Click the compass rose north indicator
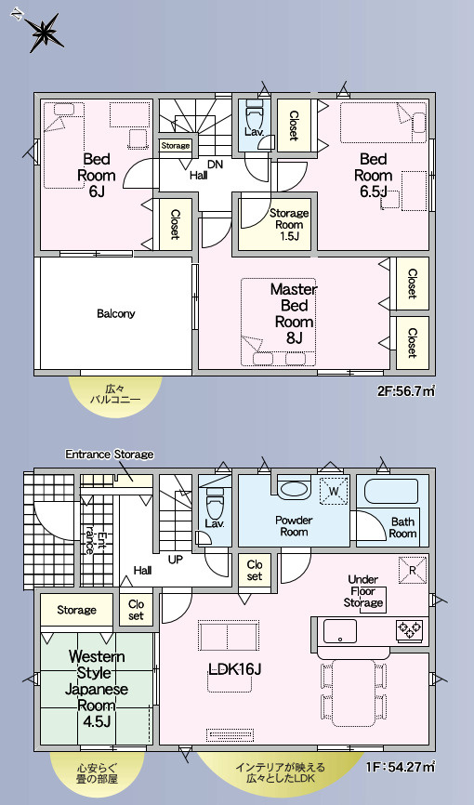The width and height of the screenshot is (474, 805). (x=42, y=31)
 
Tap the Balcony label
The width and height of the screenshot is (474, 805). (x=115, y=313)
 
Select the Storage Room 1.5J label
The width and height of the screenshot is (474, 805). (x=289, y=224)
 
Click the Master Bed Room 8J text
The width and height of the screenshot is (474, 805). (x=294, y=313)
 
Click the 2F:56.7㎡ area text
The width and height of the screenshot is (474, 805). (x=406, y=391)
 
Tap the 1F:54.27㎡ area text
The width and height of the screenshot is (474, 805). (x=401, y=767)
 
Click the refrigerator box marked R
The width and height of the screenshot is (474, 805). (x=413, y=570)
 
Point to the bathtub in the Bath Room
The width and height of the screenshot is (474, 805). (x=391, y=492)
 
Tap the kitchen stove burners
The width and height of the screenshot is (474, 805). (x=409, y=629)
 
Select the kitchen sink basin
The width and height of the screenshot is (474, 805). (x=339, y=631)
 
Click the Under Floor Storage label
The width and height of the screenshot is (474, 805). (x=363, y=591)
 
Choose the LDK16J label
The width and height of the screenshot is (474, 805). (x=235, y=668)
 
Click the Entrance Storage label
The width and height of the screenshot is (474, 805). (x=110, y=455)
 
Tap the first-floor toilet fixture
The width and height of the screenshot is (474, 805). (x=214, y=503)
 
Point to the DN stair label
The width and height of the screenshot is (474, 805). (x=216, y=165)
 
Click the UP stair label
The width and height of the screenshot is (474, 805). (x=176, y=560)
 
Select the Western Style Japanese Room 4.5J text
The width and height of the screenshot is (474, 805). (x=97, y=688)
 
